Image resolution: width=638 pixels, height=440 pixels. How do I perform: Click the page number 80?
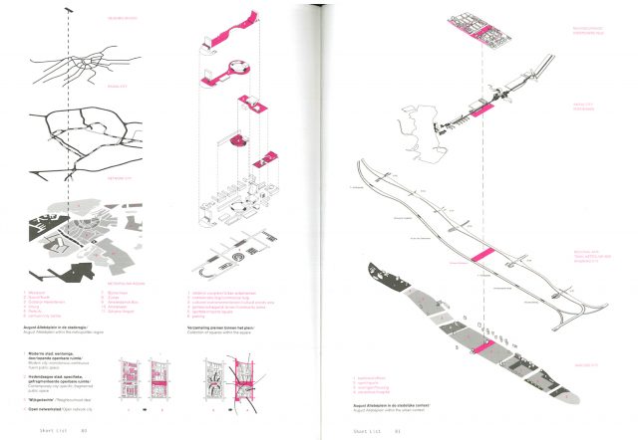(86, 430)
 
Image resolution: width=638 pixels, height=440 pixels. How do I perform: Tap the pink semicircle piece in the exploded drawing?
(239, 138)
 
